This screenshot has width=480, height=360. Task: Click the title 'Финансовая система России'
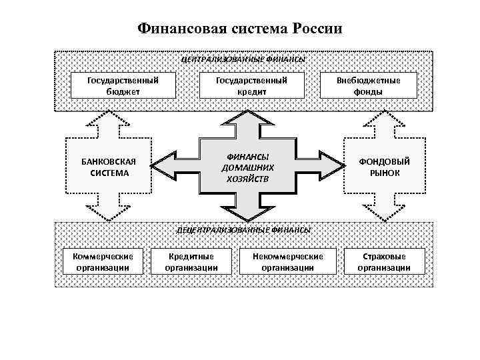240,29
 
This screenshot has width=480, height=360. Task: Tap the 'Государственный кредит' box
251,85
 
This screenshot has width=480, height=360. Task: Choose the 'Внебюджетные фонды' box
377,85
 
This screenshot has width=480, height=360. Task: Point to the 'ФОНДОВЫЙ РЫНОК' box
385,167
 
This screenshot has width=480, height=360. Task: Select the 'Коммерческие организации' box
103,262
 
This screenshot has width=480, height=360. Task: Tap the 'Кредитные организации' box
191,262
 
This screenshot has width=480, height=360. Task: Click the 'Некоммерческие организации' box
288,262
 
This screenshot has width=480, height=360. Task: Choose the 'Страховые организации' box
384,262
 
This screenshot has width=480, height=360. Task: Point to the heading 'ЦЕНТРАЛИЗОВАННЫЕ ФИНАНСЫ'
243,59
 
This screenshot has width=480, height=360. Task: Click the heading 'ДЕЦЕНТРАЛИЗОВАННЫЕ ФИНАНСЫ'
243,229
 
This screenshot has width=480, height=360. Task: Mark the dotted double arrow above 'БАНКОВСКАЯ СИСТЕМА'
108,123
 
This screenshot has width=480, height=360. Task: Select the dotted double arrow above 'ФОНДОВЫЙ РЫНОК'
385,123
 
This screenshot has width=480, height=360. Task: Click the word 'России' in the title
318,29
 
